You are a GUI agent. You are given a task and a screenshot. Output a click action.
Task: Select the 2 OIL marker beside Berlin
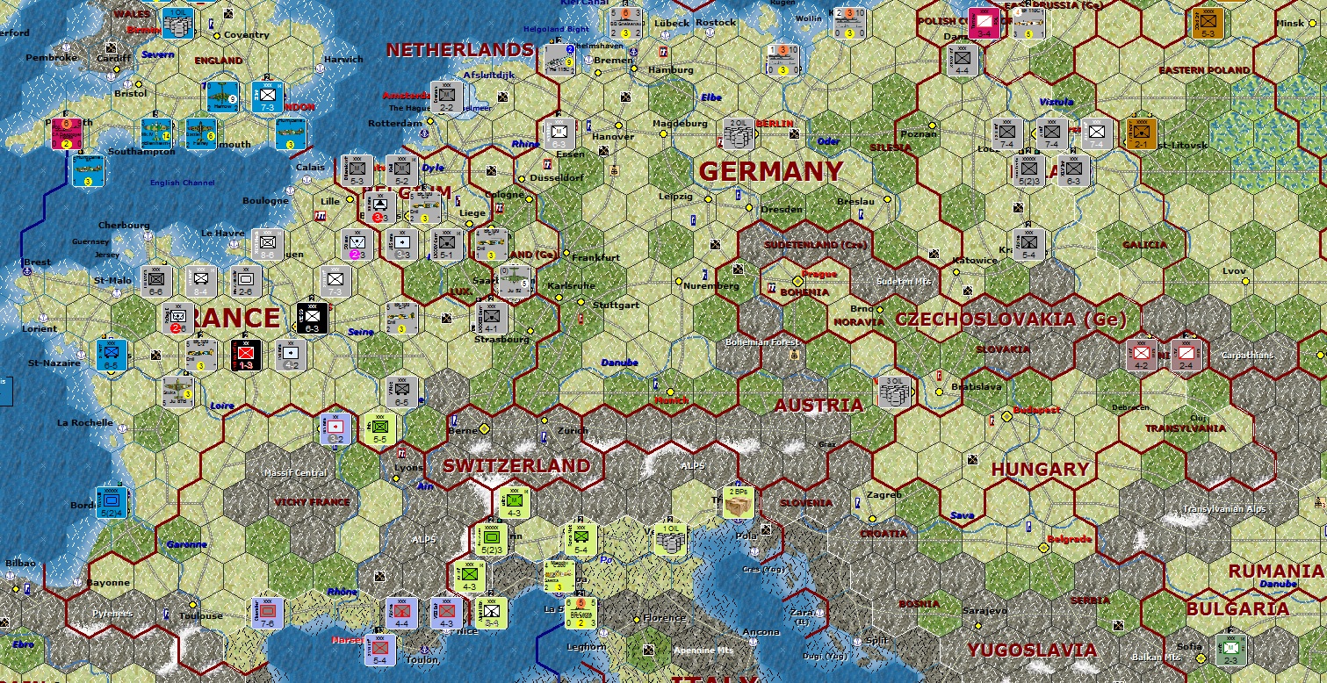point(739,134)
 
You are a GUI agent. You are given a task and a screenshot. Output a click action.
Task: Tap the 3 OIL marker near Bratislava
point(896,392)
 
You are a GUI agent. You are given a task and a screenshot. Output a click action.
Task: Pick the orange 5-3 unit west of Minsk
point(1208,22)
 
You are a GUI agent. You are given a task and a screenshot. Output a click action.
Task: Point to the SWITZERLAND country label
point(516,465)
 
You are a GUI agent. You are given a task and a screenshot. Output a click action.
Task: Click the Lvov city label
point(1234,270)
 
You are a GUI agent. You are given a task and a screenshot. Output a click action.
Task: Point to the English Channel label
point(182,183)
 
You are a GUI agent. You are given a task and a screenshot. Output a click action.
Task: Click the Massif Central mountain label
point(295,473)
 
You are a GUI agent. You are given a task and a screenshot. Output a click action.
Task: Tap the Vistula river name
point(1056,102)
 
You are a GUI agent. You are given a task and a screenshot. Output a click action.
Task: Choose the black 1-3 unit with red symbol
point(244,355)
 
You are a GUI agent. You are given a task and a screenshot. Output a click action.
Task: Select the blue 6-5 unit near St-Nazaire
point(112,355)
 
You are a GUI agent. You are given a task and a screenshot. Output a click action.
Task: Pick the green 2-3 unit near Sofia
point(1230,651)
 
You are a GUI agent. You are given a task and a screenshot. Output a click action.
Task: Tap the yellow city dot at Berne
point(483,428)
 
